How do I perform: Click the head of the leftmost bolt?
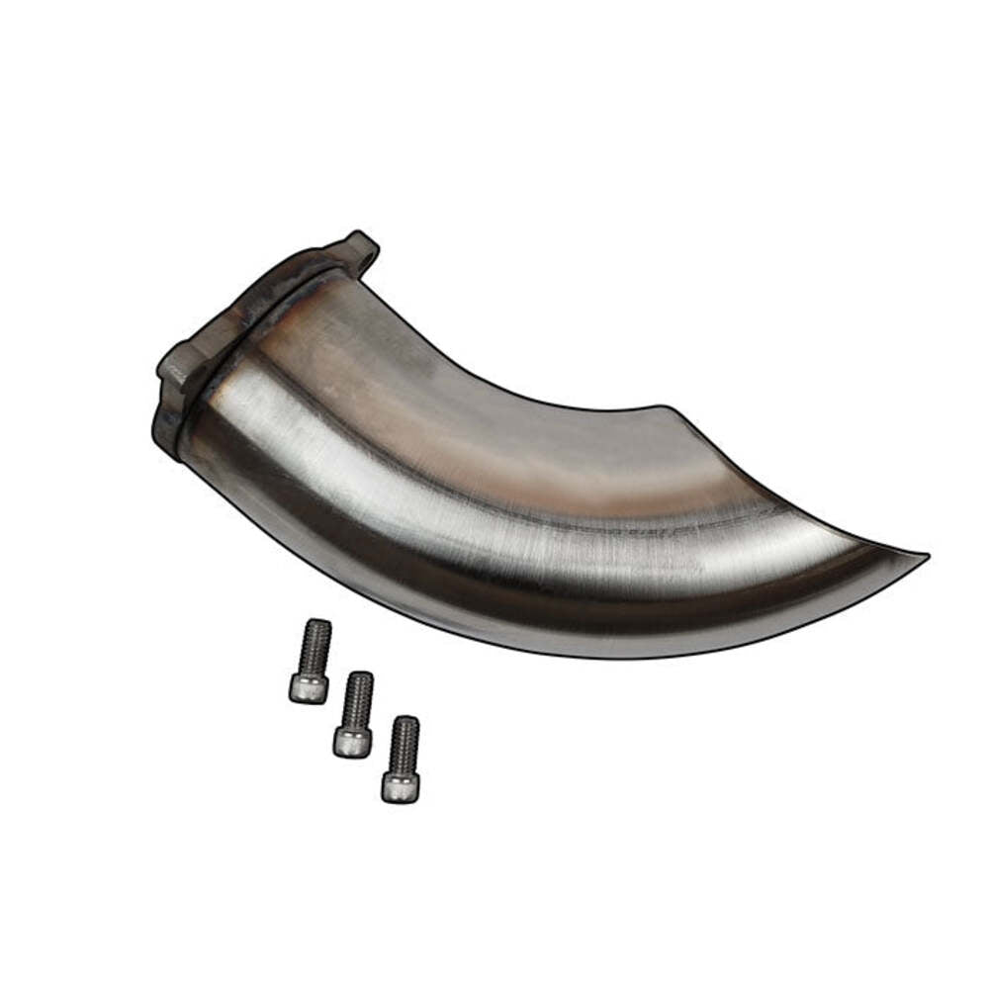coord(309,688)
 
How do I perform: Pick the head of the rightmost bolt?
coord(400,786)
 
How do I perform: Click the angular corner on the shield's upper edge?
coord(673,407)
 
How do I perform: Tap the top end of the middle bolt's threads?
coord(359,676)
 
